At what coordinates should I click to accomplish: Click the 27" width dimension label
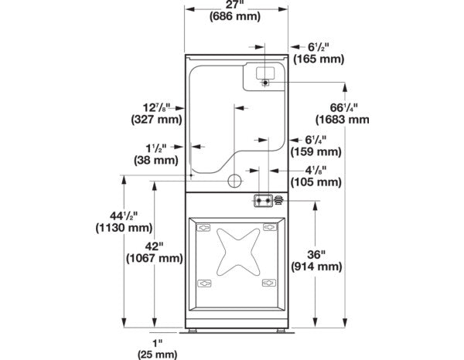pyautogui.click(x=236, y=5)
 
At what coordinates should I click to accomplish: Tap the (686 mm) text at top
pyautogui.click(x=235, y=16)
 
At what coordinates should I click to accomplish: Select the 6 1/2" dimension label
pyautogui.click(x=319, y=47)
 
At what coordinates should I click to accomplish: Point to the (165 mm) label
pyautogui.click(x=319, y=59)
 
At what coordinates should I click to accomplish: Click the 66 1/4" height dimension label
pyautogui.click(x=343, y=107)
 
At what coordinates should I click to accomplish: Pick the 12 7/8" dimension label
pyautogui.click(x=156, y=107)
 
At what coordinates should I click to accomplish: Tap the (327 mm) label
pyautogui.click(x=156, y=120)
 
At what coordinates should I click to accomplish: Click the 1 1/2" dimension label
pyautogui.click(x=156, y=148)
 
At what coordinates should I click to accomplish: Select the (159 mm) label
pyautogui.click(x=316, y=152)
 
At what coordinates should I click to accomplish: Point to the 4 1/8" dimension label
pyautogui.click(x=316, y=170)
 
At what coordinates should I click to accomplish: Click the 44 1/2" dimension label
pyautogui.click(x=124, y=216)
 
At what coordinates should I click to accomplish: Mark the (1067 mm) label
pyautogui.click(x=155, y=259)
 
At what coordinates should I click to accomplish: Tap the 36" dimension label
pyautogui.click(x=316, y=254)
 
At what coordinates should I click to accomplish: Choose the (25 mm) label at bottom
pyautogui.click(x=158, y=355)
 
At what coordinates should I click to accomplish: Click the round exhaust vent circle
pyautogui.click(x=234, y=181)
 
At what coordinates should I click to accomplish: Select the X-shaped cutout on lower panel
pyautogui.click(x=238, y=252)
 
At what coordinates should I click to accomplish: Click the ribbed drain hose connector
pyautogui.click(x=278, y=200)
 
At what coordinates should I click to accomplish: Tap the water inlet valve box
pyautogui.click(x=263, y=201)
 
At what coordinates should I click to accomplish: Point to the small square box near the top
pyautogui.click(x=265, y=73)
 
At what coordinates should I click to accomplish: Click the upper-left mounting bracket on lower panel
pyautogui.click(x=203, y=228)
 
